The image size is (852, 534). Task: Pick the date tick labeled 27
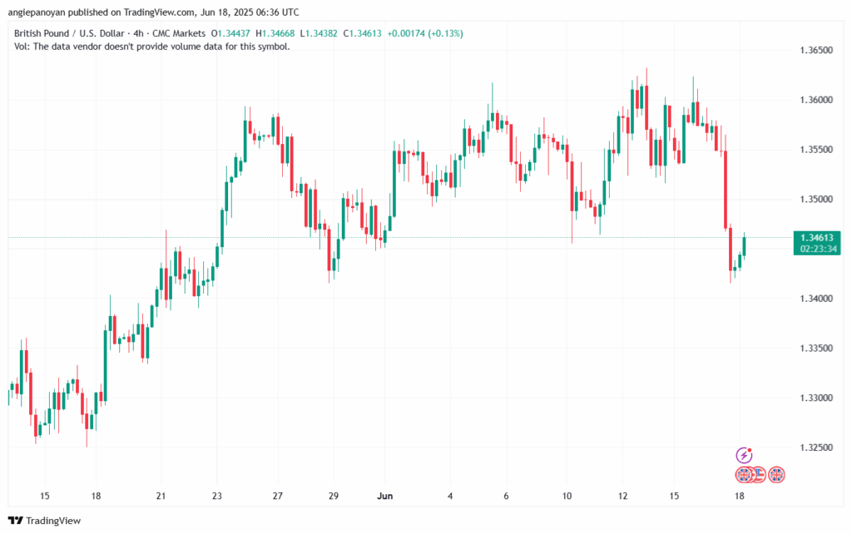coord(277,496)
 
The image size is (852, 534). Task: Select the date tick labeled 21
coord(161,496)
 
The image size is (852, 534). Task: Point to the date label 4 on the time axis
coord(450,496)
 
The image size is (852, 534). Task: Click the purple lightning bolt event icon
coord(745,455)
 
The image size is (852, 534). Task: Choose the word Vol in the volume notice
coord(22,47)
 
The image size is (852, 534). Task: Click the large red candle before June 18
coord(726,189)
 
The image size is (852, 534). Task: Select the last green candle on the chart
coord(745,245)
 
